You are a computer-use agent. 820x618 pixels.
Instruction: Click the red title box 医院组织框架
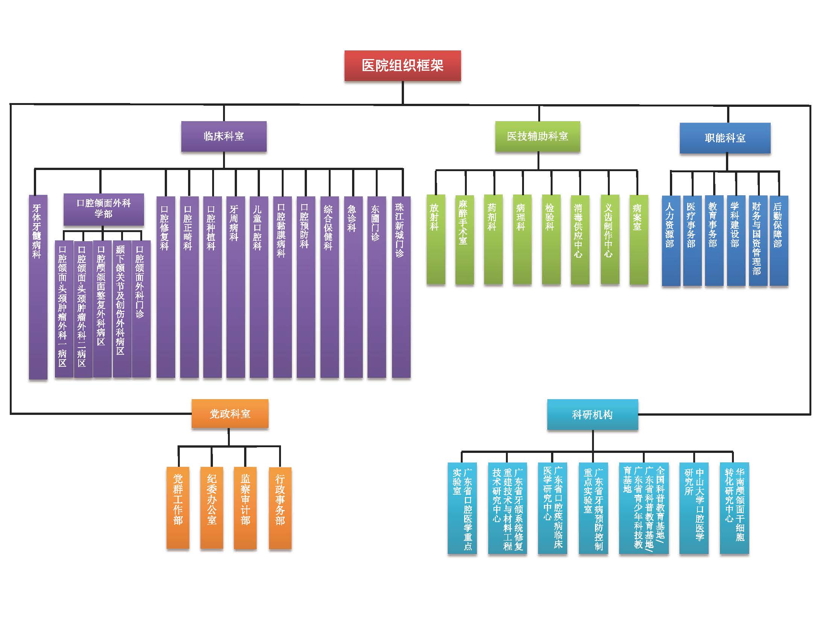click(402, 65)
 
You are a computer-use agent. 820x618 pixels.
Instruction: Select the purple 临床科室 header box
click(224, 136)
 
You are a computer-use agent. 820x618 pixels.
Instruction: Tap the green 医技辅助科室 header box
click(538, 136)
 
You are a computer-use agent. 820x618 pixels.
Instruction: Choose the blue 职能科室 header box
click(725, 138)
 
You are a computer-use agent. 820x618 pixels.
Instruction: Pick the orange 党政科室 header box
click(230, 414)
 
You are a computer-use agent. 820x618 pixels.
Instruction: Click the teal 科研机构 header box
click(592, 415)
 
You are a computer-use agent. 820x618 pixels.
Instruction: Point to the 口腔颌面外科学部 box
click(104, 209)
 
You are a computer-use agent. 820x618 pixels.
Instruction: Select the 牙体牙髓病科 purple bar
click(38, 287)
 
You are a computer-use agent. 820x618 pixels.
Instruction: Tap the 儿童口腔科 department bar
click(259, 287)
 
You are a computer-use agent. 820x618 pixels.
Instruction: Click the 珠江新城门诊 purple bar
click(401, 287)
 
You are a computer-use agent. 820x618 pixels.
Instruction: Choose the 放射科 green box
click(436, 239)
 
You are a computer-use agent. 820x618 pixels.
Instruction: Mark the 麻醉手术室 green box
click(465, 239)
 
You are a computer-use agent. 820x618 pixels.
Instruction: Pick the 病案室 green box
click(639, 239)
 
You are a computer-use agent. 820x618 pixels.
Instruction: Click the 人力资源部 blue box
click(671, 241)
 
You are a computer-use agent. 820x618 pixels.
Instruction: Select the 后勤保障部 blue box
click(779, 241)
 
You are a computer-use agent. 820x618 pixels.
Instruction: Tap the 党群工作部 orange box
click(178, 508)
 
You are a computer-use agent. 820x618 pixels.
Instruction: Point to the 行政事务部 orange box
click(280, 508)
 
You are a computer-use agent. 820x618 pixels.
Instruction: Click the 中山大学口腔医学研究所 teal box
click(694, 508)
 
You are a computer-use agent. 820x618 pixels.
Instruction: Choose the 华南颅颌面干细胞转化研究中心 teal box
click(735, 508)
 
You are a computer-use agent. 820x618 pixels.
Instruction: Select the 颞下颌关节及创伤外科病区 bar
click(122, 309)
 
